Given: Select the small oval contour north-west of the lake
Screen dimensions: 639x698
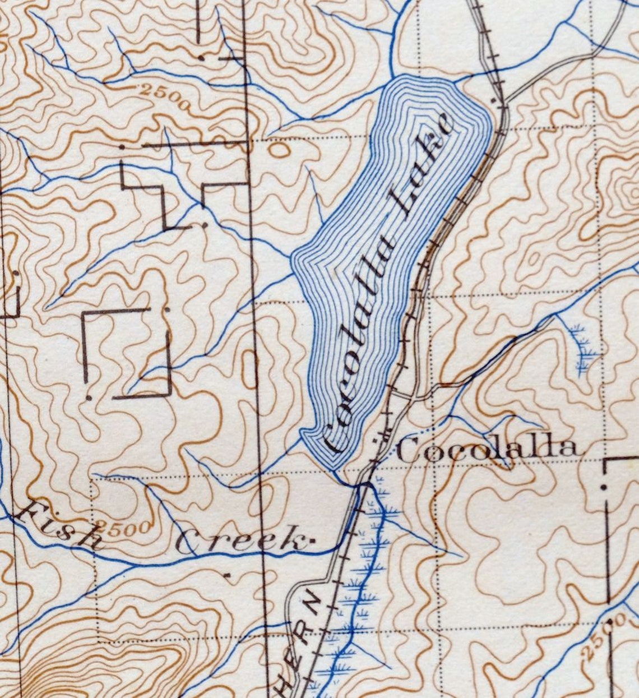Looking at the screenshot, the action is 279,149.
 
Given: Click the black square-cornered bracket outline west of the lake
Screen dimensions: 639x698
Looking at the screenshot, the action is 126,353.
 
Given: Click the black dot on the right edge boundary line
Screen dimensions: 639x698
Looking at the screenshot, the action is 604,487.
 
